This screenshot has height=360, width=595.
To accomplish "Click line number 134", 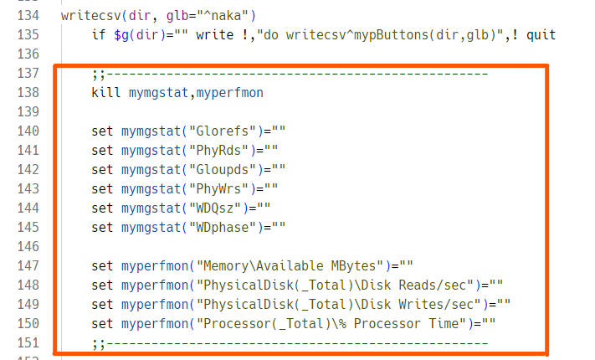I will click(28, 16).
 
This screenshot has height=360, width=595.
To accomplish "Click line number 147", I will click(28, 265).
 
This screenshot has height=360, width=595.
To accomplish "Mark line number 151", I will click(28, 342).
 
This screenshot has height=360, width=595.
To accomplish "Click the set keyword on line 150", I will click(103, 322).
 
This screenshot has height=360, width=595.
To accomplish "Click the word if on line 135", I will click(100, 35).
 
